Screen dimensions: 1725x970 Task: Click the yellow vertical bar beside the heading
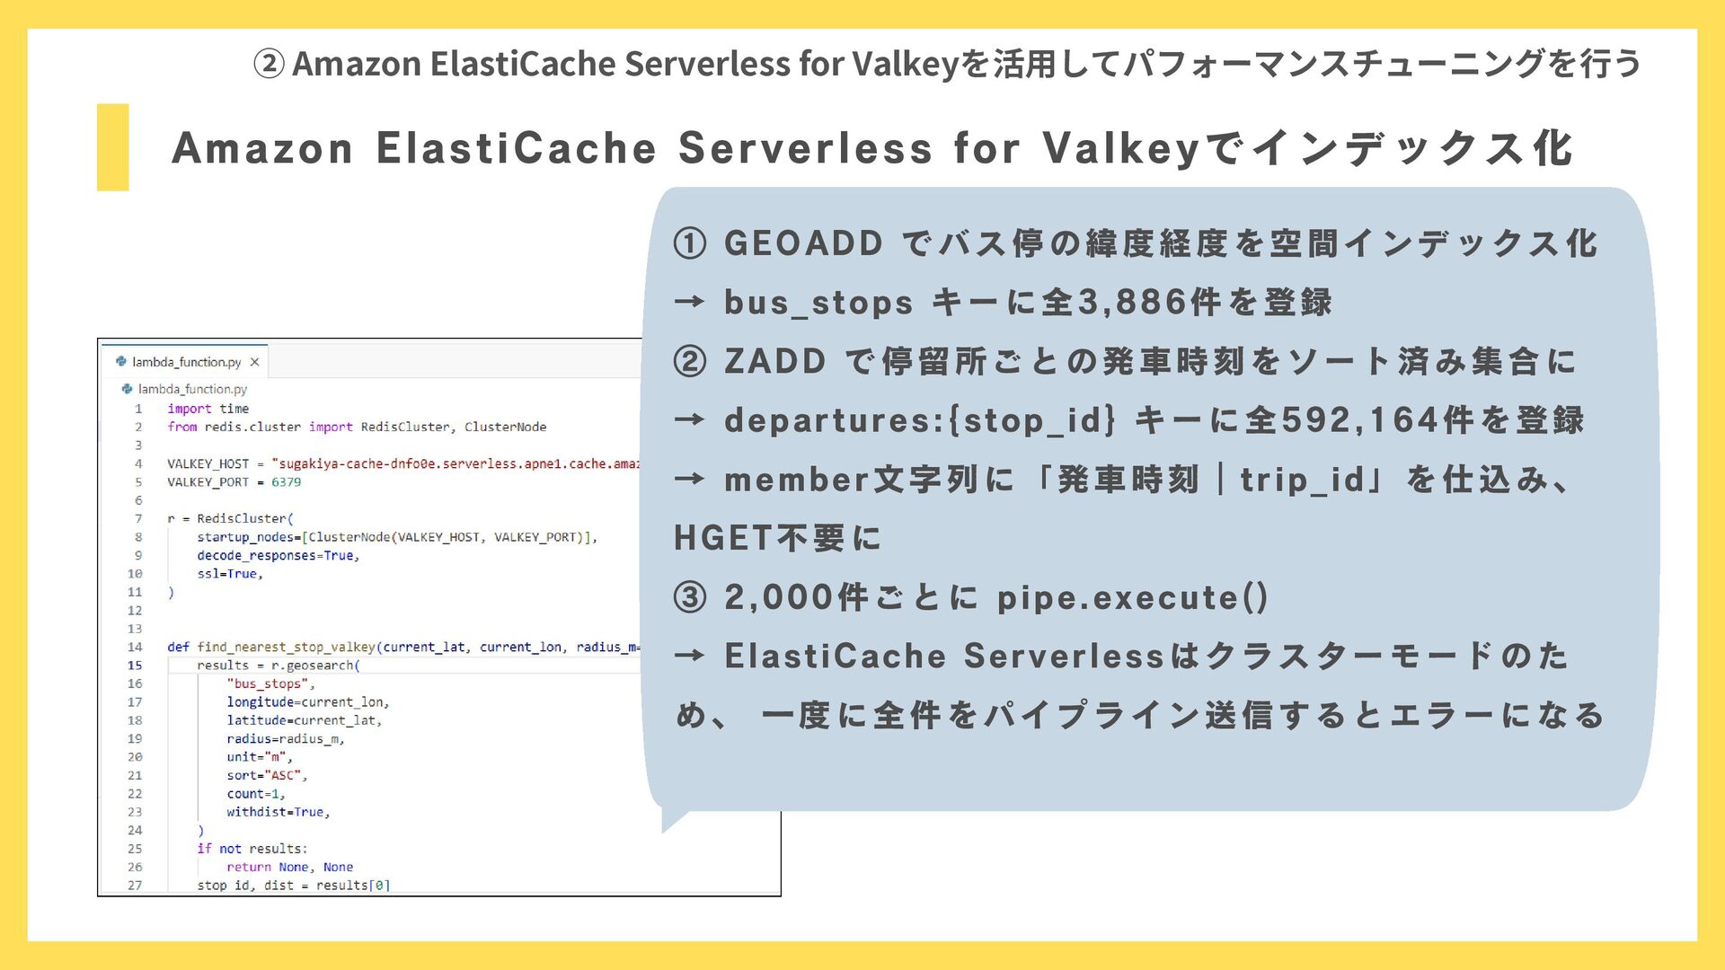click(112, 147)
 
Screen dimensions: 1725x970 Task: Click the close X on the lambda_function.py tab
click(254, 362)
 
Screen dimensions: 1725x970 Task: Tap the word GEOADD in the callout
click(803, 243)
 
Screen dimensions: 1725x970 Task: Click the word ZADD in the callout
click(774, 361)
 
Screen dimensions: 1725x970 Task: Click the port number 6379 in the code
click(286, 482)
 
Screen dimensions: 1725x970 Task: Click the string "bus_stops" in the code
click(268, 683)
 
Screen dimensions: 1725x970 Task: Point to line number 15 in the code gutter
click(135, 666)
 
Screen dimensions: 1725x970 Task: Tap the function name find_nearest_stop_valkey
click(286, 647)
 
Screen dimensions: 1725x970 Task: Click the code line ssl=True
click(230, 574)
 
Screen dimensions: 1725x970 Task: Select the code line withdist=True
click(279, 812)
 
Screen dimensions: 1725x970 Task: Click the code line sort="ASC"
click(267, 775)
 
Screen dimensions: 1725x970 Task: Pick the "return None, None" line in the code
click(289, 867)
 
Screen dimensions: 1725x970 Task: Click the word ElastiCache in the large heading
click(517, 148)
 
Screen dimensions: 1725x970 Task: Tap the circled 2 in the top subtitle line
click(269, 64)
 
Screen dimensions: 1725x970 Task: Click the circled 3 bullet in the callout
click(690, 597)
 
